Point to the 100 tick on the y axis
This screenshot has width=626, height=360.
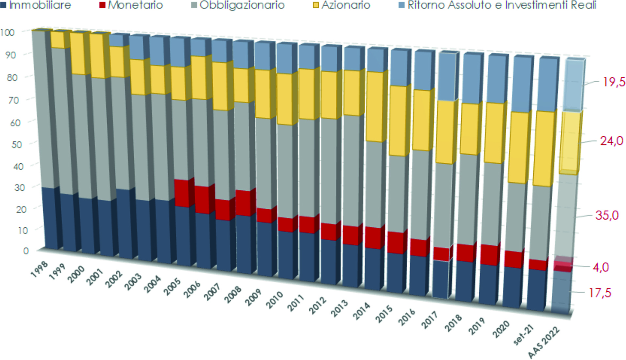(7, 33)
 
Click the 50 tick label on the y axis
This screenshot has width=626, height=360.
(17, 144)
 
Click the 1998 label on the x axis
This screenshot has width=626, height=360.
(39, 269)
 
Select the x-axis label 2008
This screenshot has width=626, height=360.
(233, 294)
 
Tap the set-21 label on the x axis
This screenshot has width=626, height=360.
(523, 335)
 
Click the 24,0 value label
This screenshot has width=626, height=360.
(612, 141)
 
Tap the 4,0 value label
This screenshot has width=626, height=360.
(601, 267)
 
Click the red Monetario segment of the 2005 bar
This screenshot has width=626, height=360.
(181, 193)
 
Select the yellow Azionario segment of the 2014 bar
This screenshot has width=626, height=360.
(374, 107)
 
